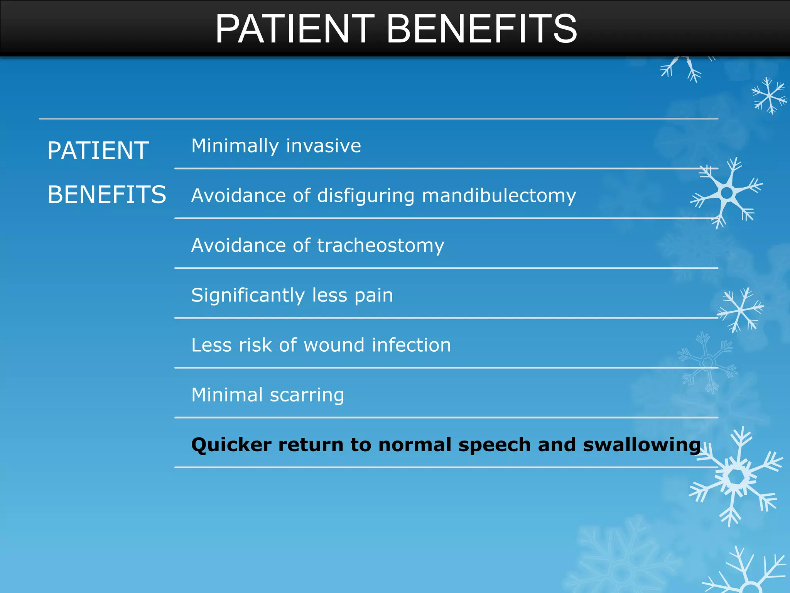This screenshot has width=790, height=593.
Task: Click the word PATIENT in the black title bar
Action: point(295,29)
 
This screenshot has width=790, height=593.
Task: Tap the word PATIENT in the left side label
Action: point(98,151)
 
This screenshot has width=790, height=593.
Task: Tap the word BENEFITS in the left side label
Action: point(107,194)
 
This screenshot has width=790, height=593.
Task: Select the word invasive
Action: point(324,146)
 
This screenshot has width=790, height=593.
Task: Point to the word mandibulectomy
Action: point(499,196)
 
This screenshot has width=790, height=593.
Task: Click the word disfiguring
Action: point(365,196)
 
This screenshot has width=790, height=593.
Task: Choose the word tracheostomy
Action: point(381,246)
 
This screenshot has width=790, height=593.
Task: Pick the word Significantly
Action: point(248,295)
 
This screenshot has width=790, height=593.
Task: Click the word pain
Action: point(374,295)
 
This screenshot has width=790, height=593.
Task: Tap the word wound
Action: point(334,345)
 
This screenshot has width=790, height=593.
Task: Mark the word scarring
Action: point(307,395)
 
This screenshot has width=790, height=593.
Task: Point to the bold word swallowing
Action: point(641,445)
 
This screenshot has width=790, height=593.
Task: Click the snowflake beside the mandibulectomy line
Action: point(727,192)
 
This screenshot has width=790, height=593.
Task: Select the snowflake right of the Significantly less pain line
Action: point(740,309)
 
